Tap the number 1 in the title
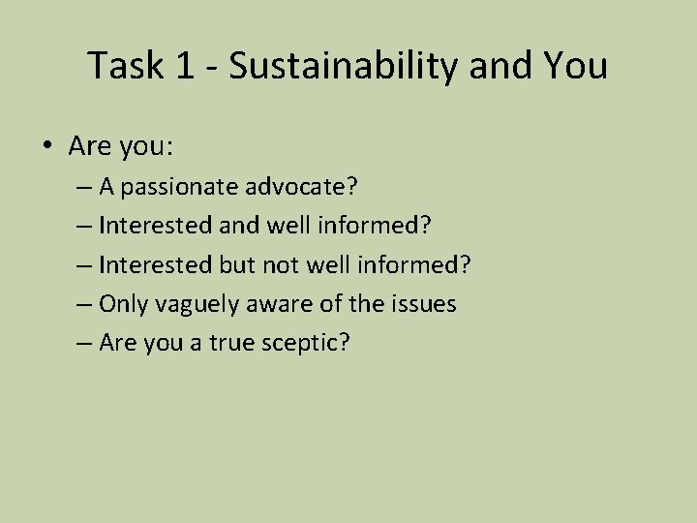coord(184,66)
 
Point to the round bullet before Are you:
coord(45,148)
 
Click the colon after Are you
coord(171,147)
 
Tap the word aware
coord(278,304)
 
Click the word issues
coord(423,304)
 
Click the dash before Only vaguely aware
coord(83,305)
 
